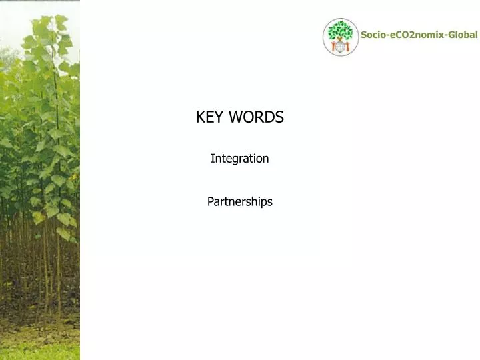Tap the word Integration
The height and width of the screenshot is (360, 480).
coord(239,159)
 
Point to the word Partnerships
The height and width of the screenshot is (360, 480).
coord(239,201)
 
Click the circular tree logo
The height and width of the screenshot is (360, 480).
coord(341,37)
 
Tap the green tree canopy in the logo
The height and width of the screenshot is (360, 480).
coord(341,29)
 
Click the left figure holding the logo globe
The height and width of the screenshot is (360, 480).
coord(334,47)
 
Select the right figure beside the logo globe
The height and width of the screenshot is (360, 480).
coord(347,47)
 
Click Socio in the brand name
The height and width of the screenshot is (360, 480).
coord(373,35)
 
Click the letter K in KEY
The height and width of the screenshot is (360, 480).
coord(200,117)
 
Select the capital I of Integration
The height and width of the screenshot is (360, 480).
coord(212,159)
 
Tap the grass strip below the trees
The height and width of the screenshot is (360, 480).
coord(40,350)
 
